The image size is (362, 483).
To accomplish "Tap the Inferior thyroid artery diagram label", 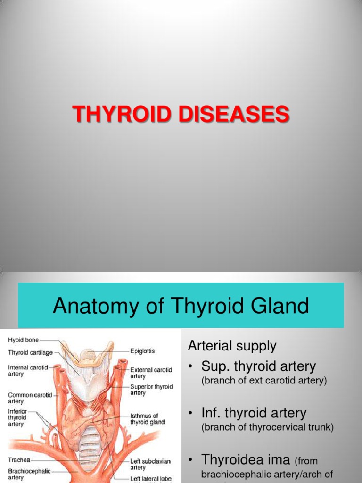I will [x=17, y=417].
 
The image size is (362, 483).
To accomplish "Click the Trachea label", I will [x=19, y=459].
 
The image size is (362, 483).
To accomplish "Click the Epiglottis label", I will [x=142, y=351].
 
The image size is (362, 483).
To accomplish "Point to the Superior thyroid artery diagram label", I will [x=151, y=390].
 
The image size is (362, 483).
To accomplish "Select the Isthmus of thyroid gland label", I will [x=147, y=419].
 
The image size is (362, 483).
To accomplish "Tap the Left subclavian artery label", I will [x=150, y=464].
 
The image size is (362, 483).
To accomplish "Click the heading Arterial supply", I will [x=232, y=346].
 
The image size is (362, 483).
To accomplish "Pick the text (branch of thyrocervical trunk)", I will [x=267, y=428].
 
